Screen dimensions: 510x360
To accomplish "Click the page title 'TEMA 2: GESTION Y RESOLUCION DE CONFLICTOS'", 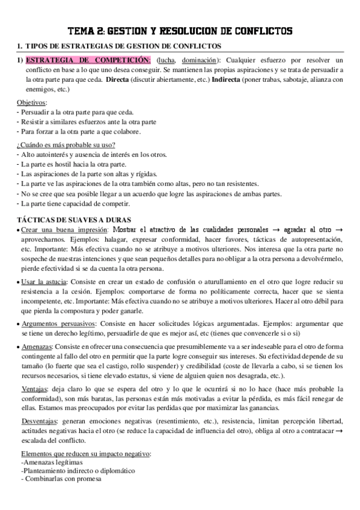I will tap(180, 31).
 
